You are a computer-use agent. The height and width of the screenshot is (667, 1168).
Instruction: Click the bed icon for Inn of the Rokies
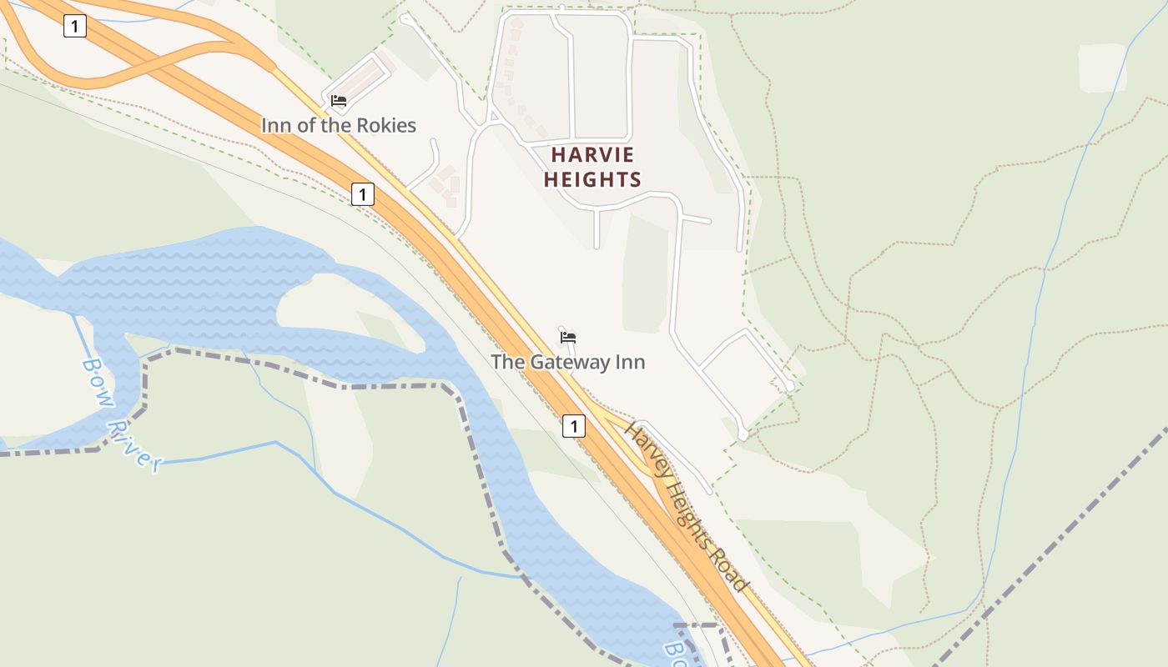point(339,101)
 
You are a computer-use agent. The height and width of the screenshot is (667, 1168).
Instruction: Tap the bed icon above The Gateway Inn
point(568,338)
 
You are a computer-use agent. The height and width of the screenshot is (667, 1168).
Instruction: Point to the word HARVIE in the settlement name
point(592,155)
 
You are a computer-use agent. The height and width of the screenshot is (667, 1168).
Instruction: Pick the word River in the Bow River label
point(136,442)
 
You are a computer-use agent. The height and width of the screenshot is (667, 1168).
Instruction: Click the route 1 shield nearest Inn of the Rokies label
point(362,194)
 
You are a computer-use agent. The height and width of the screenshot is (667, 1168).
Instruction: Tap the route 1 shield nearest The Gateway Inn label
point(573,426)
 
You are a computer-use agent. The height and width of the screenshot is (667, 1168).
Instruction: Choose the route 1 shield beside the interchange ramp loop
point(74,27)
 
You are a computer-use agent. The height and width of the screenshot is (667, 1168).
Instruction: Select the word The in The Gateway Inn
point(506,362)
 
